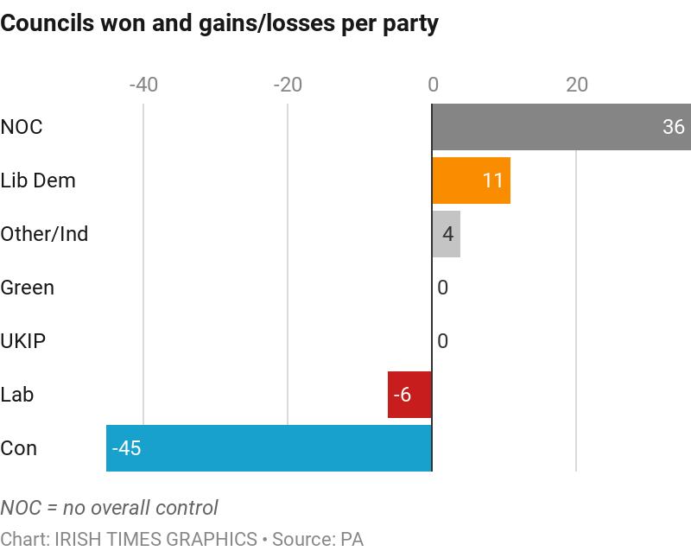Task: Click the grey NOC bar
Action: [x=553, y=127]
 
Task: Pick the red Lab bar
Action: [x=409, y=395]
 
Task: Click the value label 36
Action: [x=673, y=127]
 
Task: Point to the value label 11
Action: [x=492, y=180]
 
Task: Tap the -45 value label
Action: [x=126, y=448]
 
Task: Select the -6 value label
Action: [x=402, y=395]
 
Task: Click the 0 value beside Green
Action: [x=442, y=288]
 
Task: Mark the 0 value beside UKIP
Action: [x=442, y=341]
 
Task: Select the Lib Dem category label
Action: [x=38, y=180]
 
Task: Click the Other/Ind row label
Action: [x=44, y=234]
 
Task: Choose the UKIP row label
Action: [x=23, y=341]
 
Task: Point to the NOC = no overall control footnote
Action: [x=109, y=507]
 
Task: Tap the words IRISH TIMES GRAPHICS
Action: [x=156, y=539]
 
